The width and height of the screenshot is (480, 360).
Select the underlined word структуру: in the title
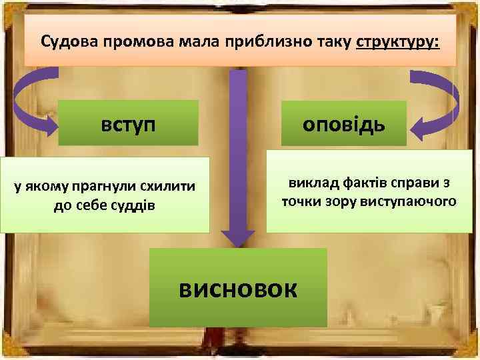pyautogui.click(x=398, y=41)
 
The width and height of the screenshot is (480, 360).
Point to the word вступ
pyautogui.click(x=129, y=123)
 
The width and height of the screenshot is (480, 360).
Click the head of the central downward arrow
pyautogui.click(x=238, y=237)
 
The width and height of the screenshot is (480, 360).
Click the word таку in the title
pyautogui.click(x=331, y=41)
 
